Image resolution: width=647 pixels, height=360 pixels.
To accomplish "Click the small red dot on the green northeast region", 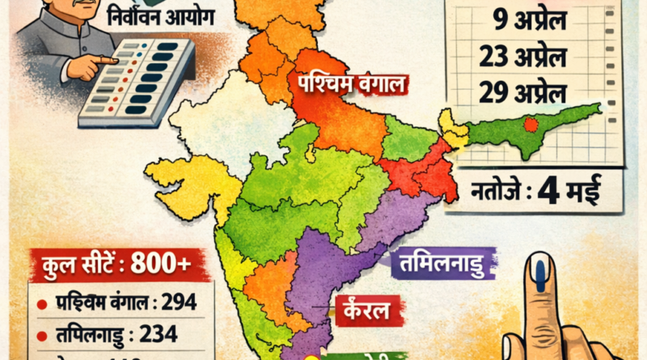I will pyautogui.click(x=531, y=125).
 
